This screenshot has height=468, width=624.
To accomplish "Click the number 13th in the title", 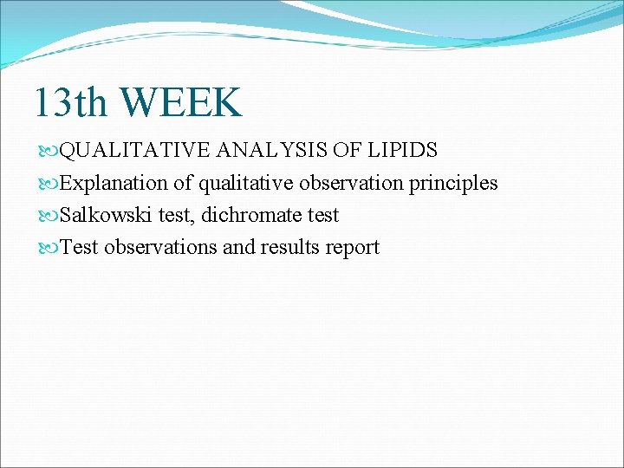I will (x=71, y=102).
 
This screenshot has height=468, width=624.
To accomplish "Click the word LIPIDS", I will (x=404, y=151).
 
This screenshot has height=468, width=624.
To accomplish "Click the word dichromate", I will (x=252, y=215).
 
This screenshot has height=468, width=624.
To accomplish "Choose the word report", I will (x=353, y=247).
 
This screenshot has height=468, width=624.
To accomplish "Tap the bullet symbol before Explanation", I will (x=47, y=184).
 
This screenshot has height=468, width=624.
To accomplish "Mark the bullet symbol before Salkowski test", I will (x=47, y=216).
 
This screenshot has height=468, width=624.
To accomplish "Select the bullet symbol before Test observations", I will (x=47, y=248).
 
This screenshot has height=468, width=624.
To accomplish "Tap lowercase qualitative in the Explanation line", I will (x=242, y=183).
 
